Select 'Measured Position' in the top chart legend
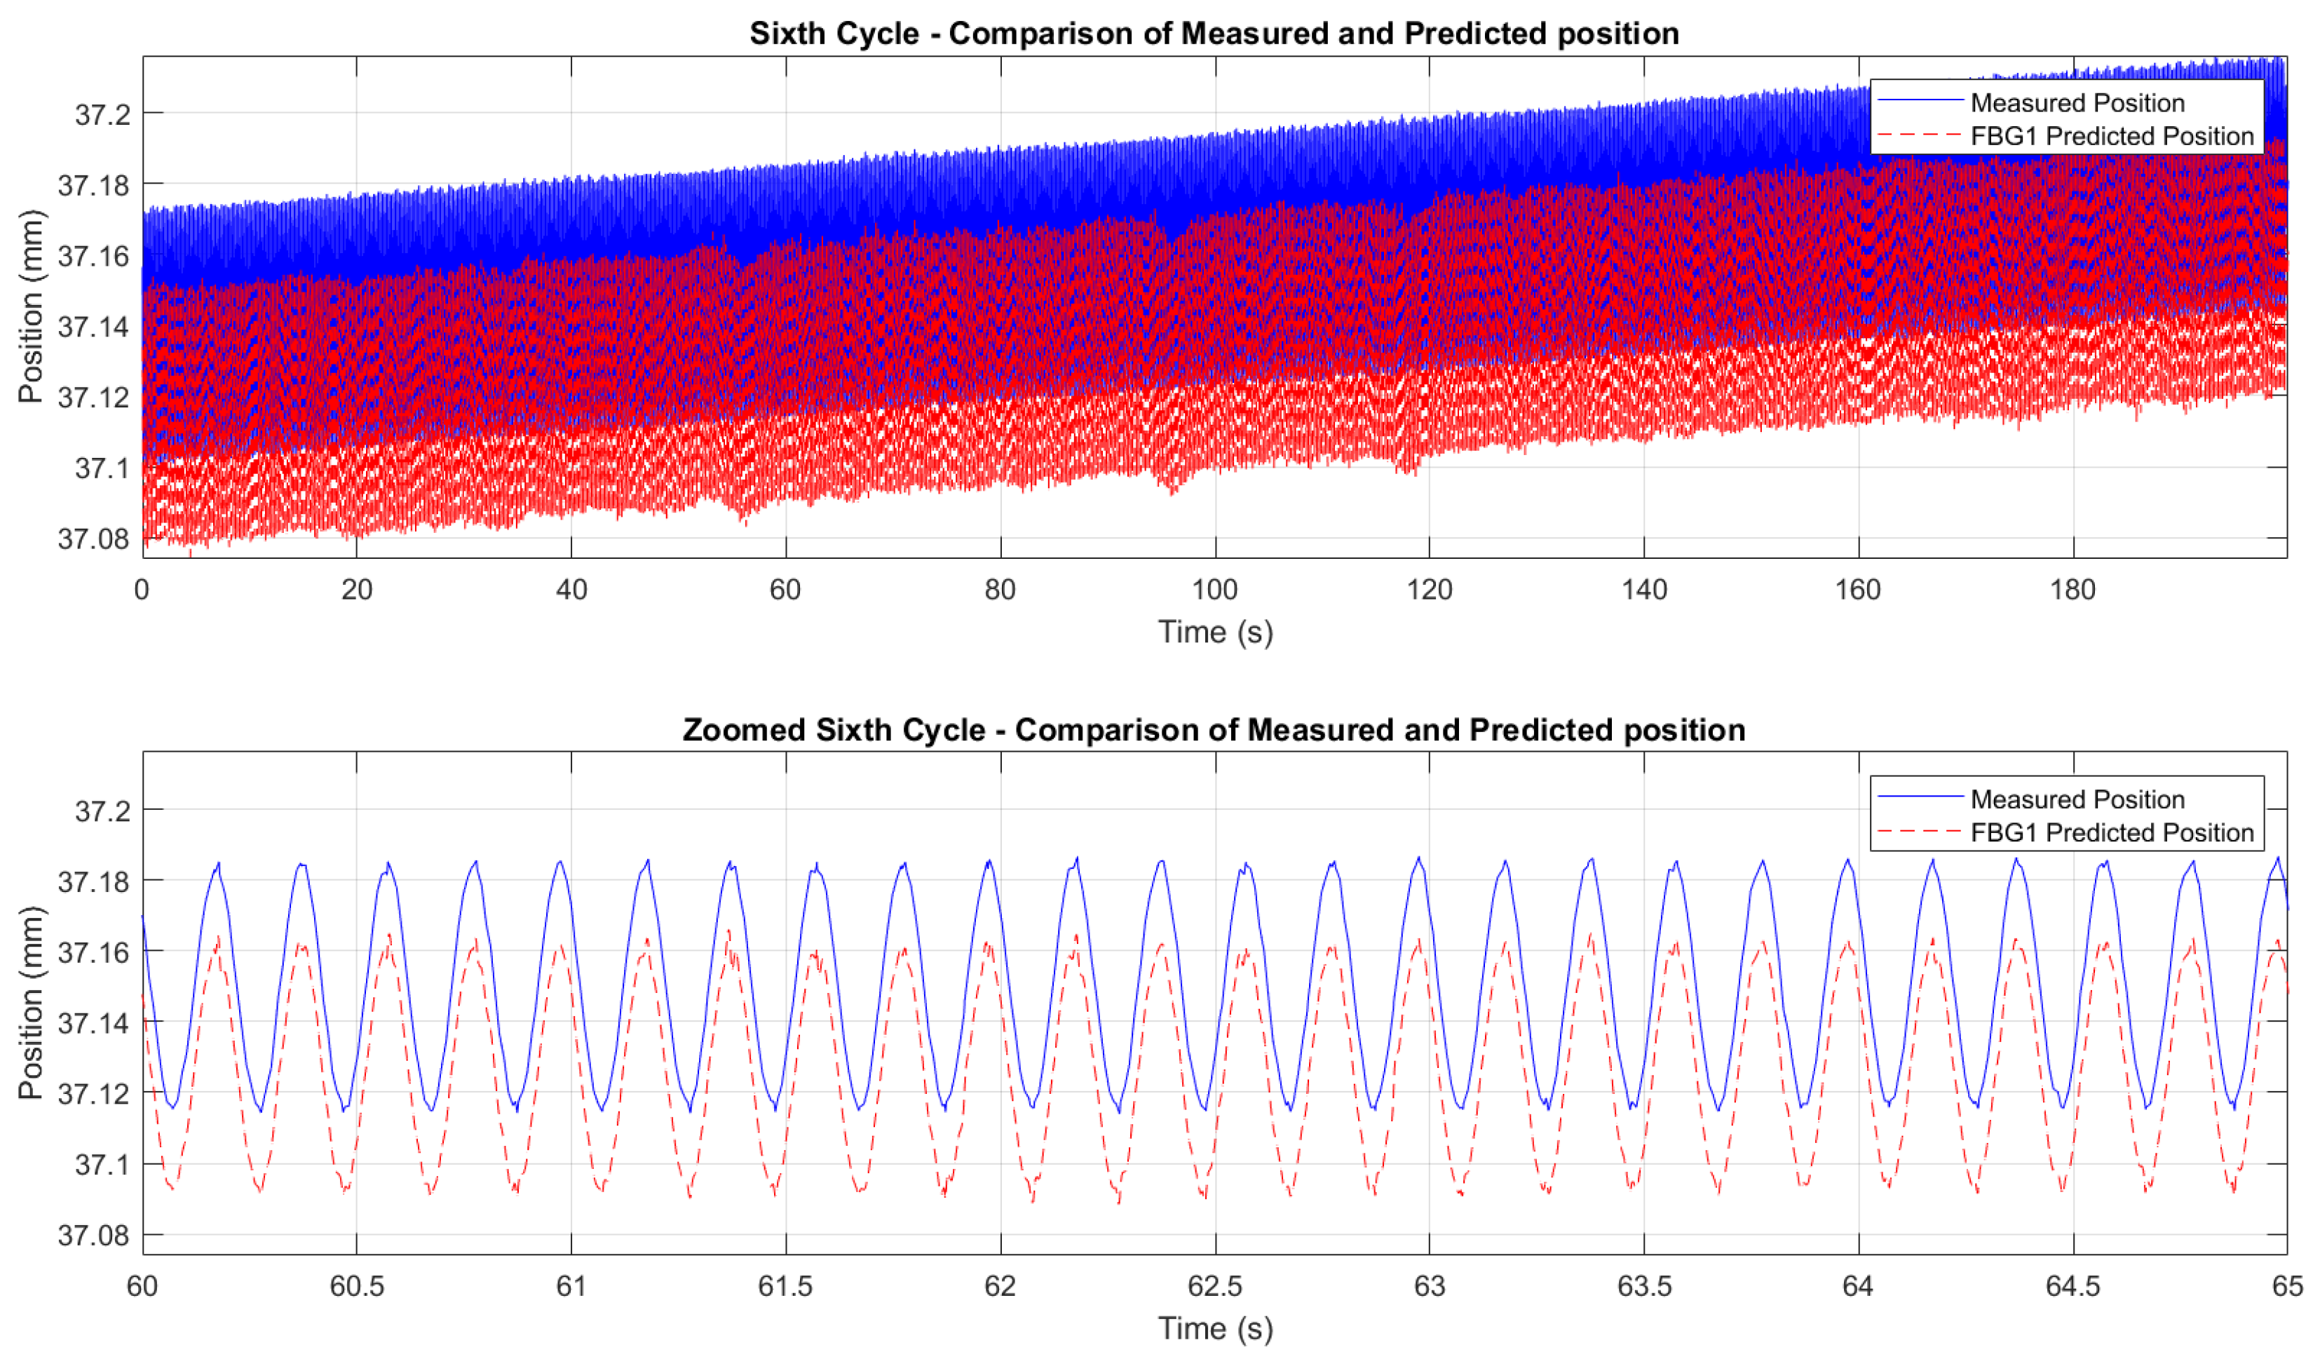tap(2077, 102)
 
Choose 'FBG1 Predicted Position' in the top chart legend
tap(2111, 135)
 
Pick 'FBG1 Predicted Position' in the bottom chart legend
tap(2111, 832)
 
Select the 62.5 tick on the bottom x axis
tap(1214, 1285)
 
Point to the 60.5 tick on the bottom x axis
tap(356, 1285)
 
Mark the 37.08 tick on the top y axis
tap(93, 539)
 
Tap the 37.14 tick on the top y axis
tap(93, 326)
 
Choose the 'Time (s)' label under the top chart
tap(1214, 632)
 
